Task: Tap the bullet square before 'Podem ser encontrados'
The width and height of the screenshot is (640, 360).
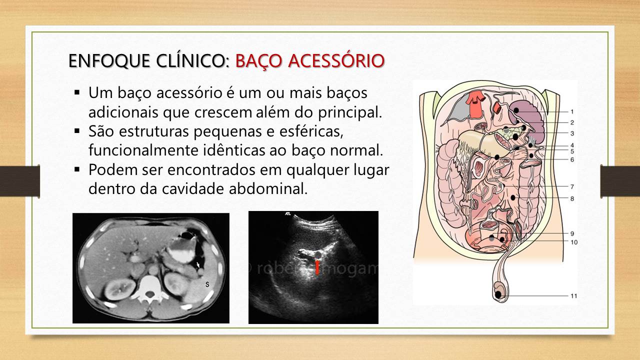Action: coord(77,169)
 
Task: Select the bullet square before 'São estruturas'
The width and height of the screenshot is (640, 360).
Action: coord(77,131)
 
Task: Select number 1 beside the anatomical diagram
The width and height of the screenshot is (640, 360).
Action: coord(571,111)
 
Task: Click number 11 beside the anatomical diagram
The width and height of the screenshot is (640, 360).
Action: coord(573,296)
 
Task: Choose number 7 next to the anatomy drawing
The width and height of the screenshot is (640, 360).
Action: coord(571,187)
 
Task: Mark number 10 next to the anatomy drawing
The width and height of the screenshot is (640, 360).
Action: coord(573,242)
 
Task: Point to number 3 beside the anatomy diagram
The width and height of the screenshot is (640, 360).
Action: coord(571,133)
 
